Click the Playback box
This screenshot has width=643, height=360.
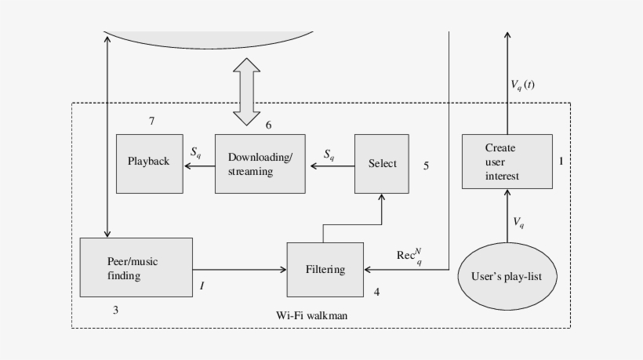pos(149,163)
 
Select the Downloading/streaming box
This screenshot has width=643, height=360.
pos(260,163)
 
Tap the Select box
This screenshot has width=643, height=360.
pos(382,163)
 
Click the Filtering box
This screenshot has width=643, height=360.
pos(325,270)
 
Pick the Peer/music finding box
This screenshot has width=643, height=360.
pos(136,267)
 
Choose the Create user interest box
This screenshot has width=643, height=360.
pos(501,162)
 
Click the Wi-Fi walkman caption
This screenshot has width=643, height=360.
pos(311,315)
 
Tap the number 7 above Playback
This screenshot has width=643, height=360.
pos(151,121)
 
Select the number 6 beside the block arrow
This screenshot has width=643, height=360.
pos(269,125)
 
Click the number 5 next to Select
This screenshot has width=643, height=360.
pos(426,165)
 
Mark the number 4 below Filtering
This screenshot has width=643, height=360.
pos(377,292)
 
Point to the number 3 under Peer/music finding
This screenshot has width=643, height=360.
pos(115,310)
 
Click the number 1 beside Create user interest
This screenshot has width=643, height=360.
pos(561,161)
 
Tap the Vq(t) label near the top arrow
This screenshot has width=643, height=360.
pos(522,85)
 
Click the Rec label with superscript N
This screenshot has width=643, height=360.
pos(409,256)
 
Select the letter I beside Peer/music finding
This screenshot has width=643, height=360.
pos(202,286)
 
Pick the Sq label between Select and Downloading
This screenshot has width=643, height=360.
pos(329,155)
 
